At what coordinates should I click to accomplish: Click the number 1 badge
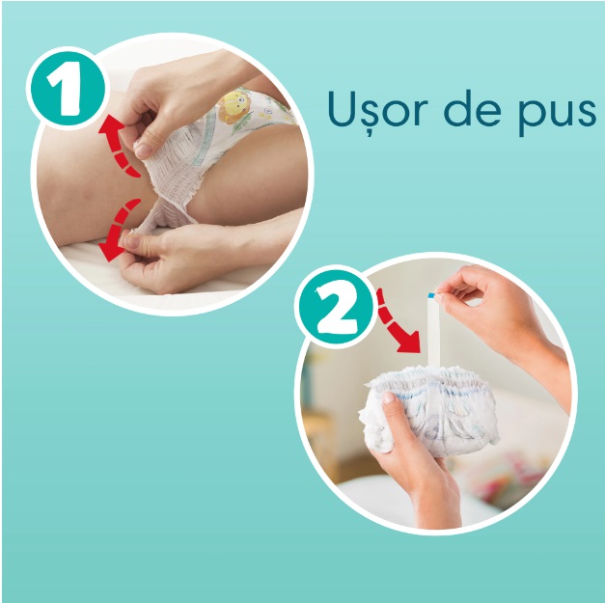point(68,89)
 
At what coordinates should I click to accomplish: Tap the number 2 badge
point(336,307)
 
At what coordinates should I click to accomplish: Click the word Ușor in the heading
point(372,109)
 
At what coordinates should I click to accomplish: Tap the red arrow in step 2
point(397,323)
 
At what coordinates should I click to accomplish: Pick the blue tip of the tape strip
point(431,295)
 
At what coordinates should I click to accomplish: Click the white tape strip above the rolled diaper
point(433,330)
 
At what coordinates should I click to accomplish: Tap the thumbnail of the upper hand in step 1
point(143,151)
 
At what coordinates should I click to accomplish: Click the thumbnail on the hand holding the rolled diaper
point(388,397)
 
